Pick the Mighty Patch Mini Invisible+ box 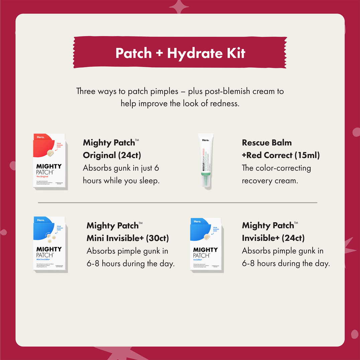click(x=50, y=244)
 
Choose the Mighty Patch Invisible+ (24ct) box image click(x=206, y=245)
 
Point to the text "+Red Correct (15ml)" click(x=281, y=155)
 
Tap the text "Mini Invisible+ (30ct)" click(x=128, y=238)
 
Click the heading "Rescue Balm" click(x=267, y=143)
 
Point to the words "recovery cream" click(x=269, y=181)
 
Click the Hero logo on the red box click(x=40, y=137)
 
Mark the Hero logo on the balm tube click(x=206, y=140)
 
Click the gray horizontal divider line click(x=177, y=203)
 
